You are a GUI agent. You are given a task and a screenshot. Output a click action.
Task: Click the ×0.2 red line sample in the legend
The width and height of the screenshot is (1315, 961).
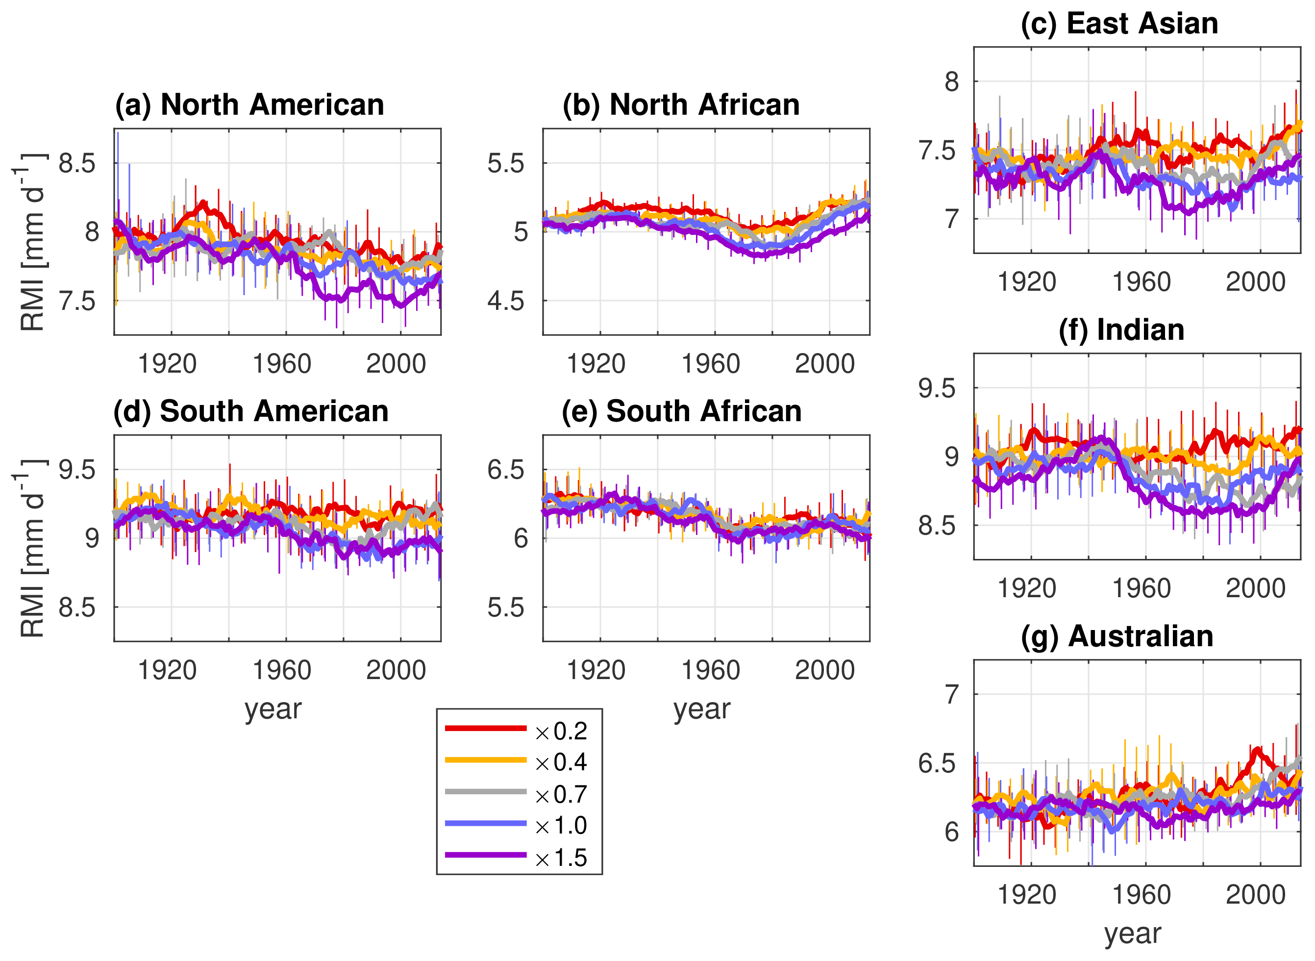[485, 728]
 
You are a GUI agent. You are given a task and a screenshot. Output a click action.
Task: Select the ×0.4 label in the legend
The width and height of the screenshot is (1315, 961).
[561, 762]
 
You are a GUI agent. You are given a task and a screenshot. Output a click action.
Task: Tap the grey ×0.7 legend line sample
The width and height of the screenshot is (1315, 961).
[485, 792]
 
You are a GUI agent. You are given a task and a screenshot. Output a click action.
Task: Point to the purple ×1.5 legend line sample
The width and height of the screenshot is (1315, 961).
[485, 855]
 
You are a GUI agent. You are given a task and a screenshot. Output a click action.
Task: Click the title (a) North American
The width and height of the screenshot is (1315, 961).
[249, 105]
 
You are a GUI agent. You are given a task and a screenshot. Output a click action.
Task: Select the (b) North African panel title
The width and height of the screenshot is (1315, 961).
[681, 105]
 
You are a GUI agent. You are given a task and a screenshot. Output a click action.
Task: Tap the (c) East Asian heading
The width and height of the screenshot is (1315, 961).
[1119, 24]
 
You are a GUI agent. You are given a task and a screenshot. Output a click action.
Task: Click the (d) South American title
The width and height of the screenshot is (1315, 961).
[250, 412]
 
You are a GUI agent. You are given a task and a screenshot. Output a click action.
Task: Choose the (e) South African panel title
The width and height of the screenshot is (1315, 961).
[681, 412]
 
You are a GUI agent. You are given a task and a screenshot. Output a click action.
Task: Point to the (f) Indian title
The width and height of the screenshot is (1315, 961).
[1121, 330]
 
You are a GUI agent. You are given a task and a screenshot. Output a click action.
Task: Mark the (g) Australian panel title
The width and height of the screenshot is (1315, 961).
[1117, 636]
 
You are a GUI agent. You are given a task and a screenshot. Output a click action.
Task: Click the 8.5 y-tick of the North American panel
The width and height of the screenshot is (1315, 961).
[77, 164]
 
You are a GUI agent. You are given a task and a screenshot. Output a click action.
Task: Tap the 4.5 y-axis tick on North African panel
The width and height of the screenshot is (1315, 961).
[505, 302]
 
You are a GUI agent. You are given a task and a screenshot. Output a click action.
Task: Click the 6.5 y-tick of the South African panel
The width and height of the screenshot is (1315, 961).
[505, 470]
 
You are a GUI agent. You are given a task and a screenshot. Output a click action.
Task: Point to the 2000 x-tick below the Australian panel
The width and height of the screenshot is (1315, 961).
[1255, 895]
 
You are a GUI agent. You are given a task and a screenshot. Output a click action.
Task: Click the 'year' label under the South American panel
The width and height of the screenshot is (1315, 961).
[273, 709]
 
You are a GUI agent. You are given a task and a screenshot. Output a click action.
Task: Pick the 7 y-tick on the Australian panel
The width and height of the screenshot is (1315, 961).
[951, 695]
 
